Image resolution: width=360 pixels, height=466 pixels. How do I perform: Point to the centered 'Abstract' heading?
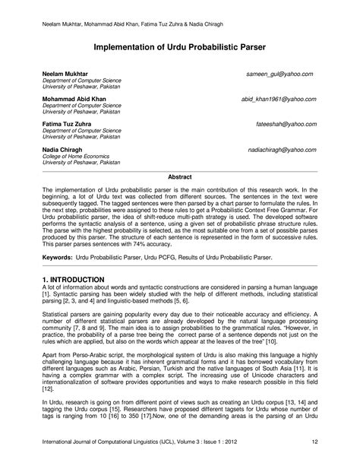[x=179, y=176]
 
